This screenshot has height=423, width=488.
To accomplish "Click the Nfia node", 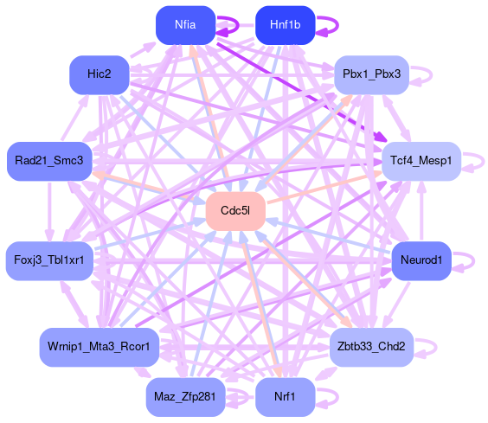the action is [x=185, y=25].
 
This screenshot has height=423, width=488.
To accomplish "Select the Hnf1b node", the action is [x=285, y=25].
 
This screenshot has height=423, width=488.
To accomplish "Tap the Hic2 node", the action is [x=100, y=74].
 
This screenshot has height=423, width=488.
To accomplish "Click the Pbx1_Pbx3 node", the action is [x=371, y=74].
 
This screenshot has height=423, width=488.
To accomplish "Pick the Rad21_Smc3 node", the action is [x=49, y=161].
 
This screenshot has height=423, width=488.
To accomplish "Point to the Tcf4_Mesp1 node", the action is [x=421, y=161].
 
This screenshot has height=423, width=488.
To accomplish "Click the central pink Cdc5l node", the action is [x=235, y=211].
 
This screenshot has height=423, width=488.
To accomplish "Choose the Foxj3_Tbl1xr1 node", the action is [x=49, y=260].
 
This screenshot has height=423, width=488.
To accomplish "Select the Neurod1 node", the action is [x=421, y=260].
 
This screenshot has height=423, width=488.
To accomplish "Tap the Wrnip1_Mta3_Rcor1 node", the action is [x=100, y=347].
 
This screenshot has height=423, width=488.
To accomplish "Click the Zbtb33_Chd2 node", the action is [x=371, y=347].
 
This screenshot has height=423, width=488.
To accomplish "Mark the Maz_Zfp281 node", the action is [x=185, y=397].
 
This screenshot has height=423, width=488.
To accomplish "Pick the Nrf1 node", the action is [x=285, y=397].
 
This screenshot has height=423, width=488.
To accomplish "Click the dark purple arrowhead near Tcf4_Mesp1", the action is [x=382, y=137].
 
